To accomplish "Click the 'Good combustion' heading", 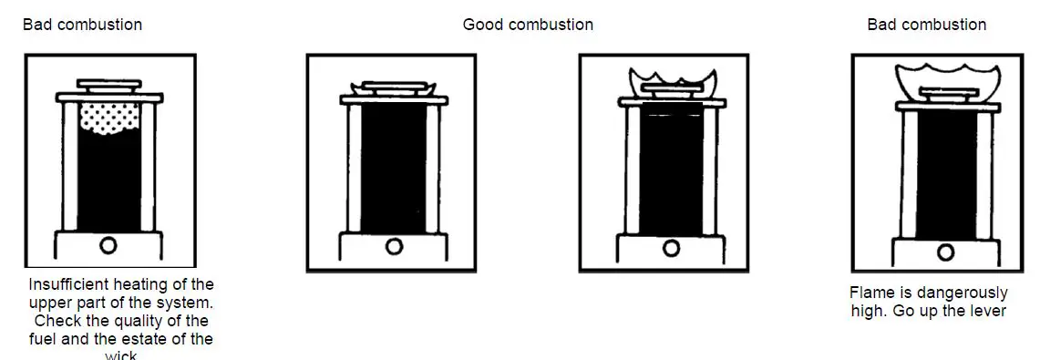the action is (528, 25).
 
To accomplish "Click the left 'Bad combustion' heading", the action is (82, 25).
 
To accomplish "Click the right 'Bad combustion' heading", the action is (926, 25).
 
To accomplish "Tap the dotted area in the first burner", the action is (109, 119).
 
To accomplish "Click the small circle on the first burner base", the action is (108, 243).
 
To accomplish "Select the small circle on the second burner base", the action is (394, 246).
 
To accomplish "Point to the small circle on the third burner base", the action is (672, 248).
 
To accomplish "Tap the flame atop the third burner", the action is (670, 78).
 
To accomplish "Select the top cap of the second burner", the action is (393, 87).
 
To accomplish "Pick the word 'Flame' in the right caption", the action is (872, 293).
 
